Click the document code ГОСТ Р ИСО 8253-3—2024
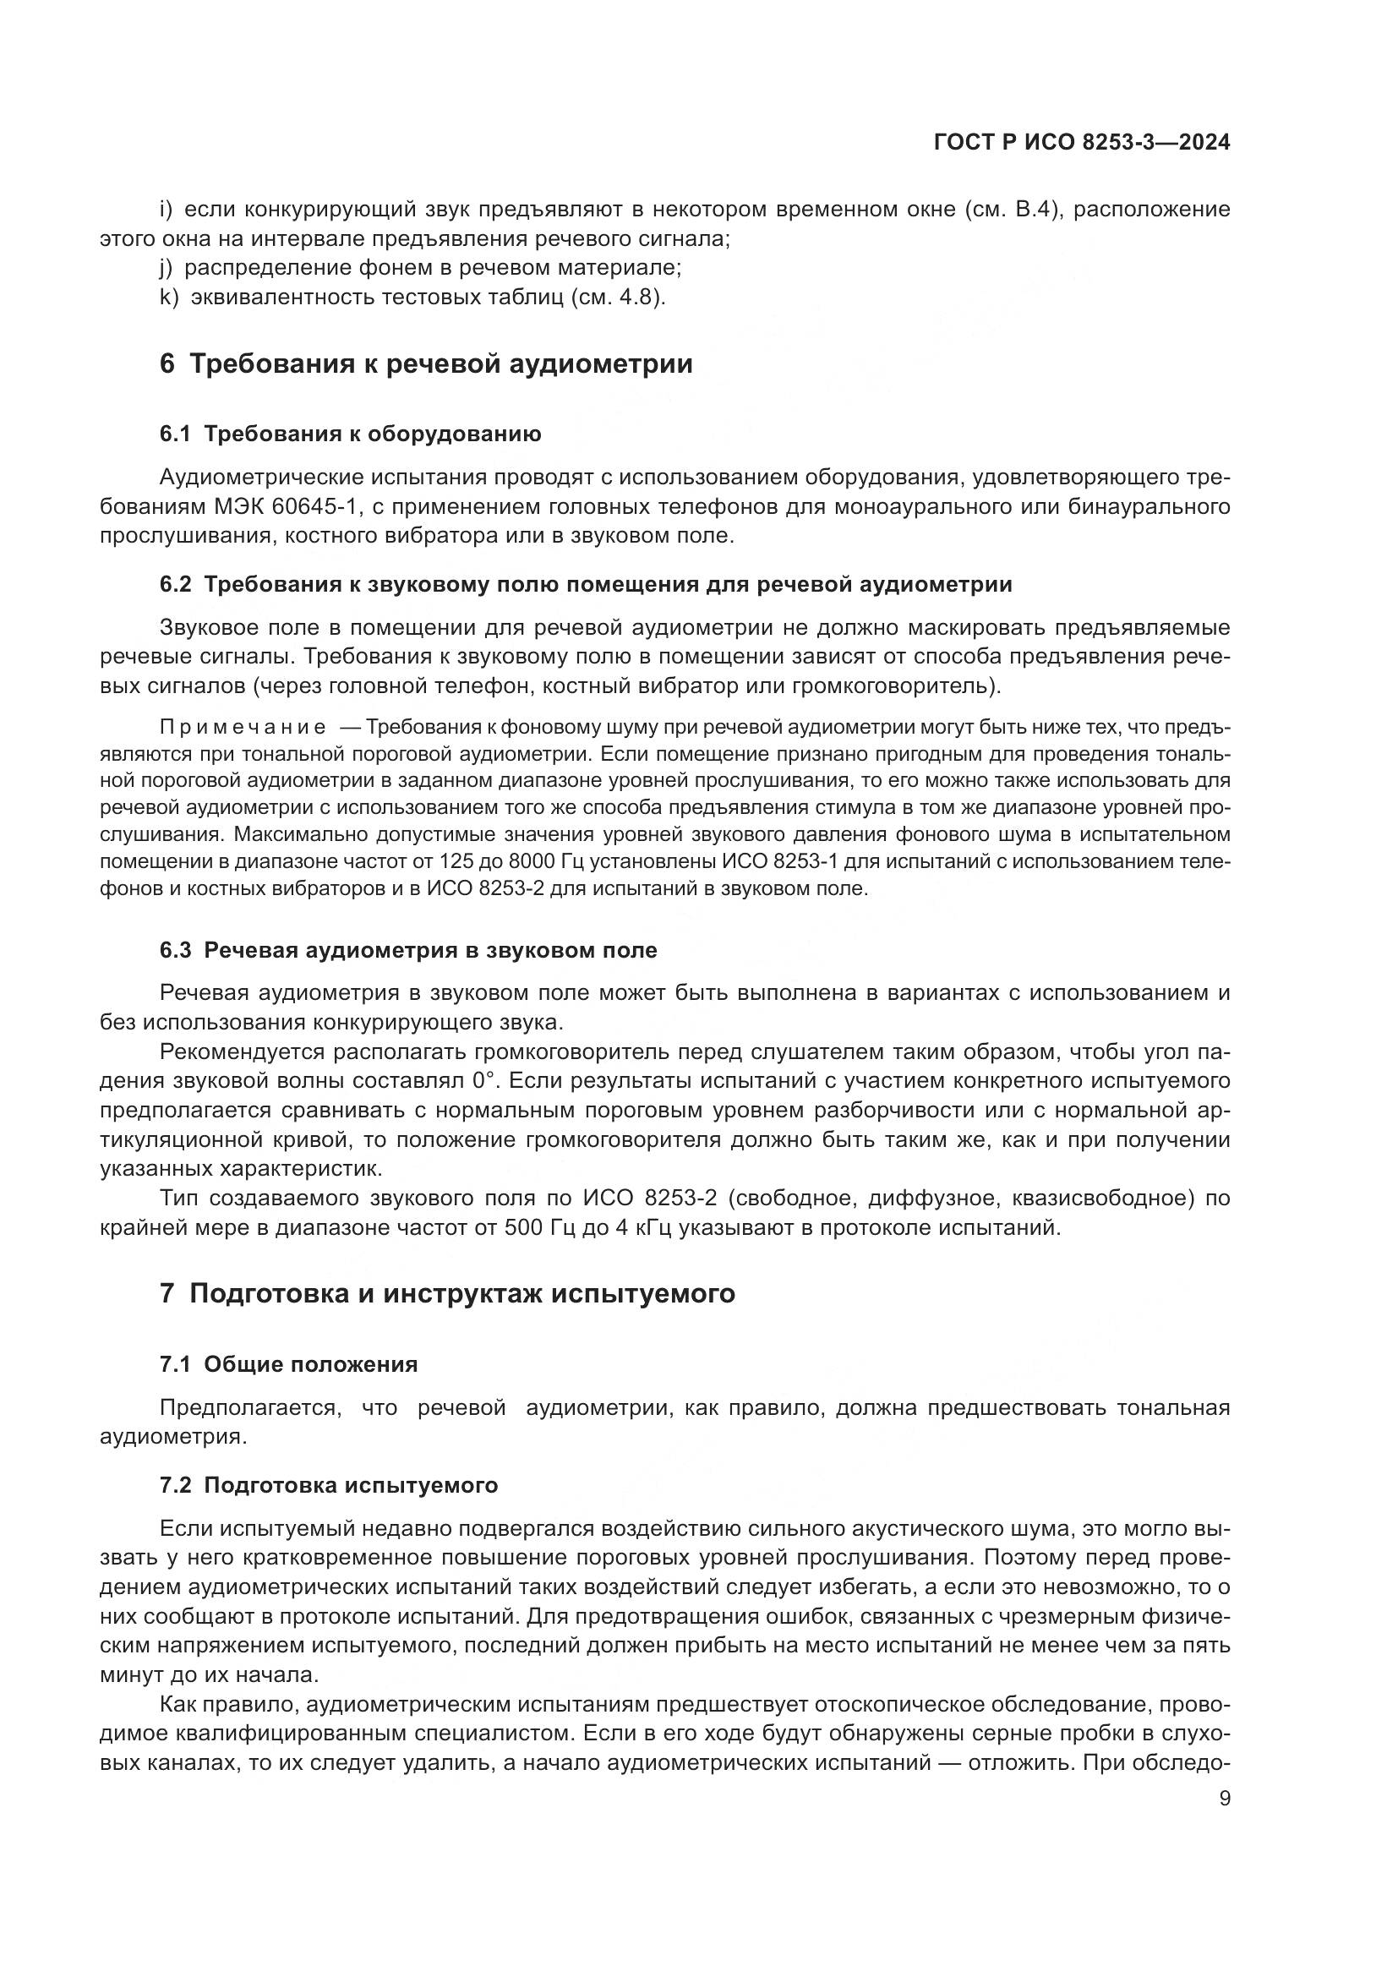pos(1081,143)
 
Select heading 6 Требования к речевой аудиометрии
pos(426,364)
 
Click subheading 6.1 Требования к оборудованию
pos(351,434)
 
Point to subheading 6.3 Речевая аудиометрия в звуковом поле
pos(408,951)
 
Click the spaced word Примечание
pos(243,728)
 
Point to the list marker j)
pos(168,268)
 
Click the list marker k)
pos(169,298)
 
